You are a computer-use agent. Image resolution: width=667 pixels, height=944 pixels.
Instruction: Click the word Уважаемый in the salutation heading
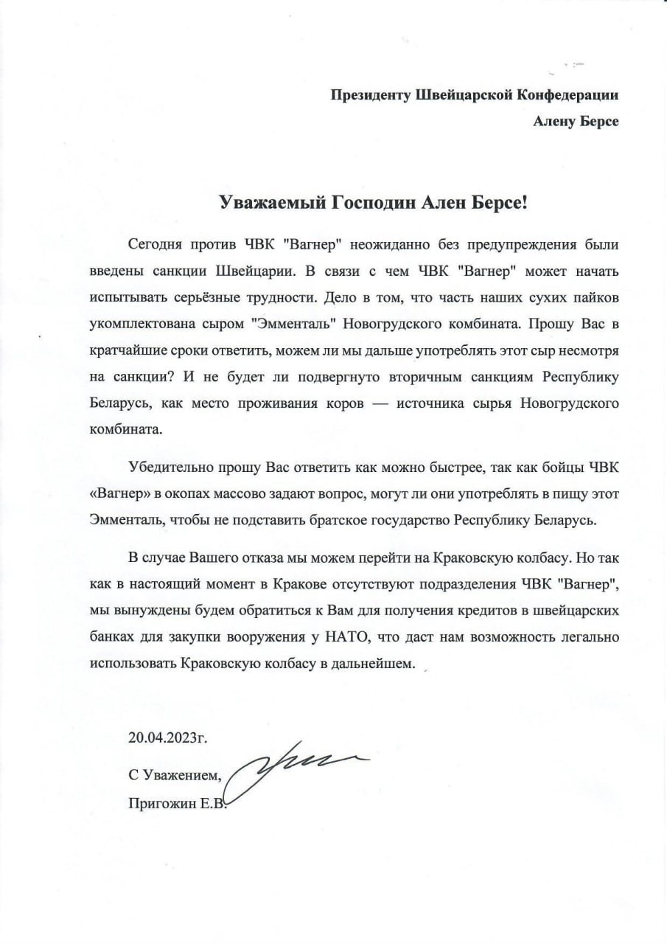click(262, 204)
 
